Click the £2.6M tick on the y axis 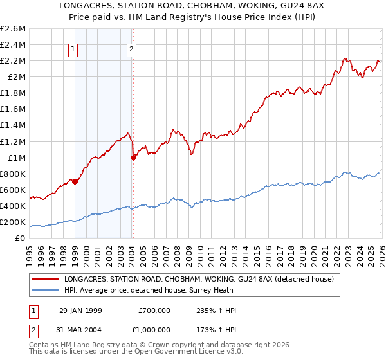coord(14,29)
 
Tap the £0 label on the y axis coord(21,238)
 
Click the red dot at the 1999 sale coord(75,181)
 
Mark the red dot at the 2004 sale coord(133,157)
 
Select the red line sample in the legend coord(45,280)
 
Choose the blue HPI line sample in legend coord(45,291)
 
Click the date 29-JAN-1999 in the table coord(80,310)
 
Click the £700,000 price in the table coord(154,310)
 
